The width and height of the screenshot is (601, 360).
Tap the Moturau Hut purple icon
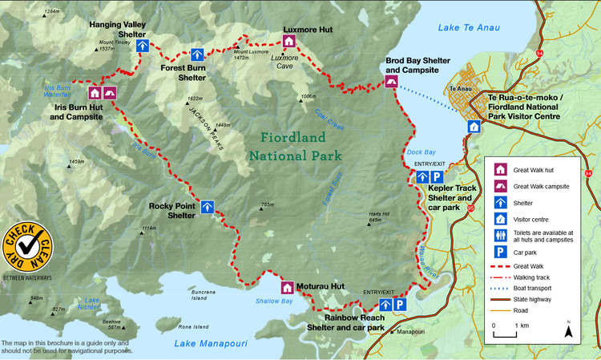point(287,287)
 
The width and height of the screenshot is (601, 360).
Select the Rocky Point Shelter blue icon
point(207,207)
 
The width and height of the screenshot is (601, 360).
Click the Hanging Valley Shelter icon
point(142,47)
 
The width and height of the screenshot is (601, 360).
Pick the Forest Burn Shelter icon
point(197,55)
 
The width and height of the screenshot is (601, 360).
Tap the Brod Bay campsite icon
point(392,81)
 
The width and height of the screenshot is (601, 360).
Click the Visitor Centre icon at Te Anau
point(474,127)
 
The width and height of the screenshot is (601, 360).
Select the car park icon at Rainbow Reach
point(401,305)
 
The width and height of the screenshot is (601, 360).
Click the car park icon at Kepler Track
point(437,177)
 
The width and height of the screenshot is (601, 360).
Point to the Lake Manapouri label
point(208,344)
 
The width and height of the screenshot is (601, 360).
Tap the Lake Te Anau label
point(469,28)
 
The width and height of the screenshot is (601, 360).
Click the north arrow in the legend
point(568,330)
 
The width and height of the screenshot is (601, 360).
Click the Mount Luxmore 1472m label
point(251,55)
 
